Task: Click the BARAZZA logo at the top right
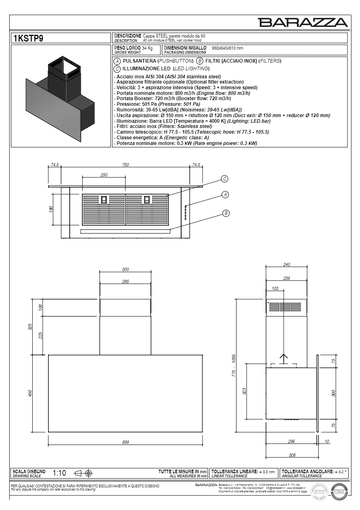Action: click(x=303, y=23)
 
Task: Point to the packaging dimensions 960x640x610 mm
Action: click(x=227, y=48)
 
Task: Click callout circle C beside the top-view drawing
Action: click(x=225, y=178)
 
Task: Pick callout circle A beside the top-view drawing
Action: click(x=225, y=195)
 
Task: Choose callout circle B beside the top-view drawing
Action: click(x=226, y=213)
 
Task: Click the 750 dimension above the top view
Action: click(x=126, y=165)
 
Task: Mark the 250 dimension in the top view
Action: click(x=104, y=174)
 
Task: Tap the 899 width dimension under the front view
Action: click(x=126, y=443)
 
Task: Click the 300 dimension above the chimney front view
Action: click(x=126, y=269)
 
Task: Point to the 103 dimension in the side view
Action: click(x=275, y=288)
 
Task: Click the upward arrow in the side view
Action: click(x=284, y=358)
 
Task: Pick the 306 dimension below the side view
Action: click(x=293, y=455)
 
